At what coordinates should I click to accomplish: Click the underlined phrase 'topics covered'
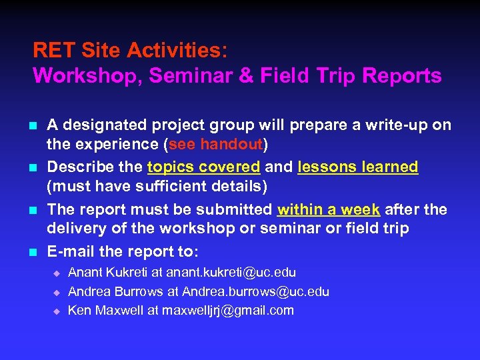tap(203, 167)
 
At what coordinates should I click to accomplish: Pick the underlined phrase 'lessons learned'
tap(358, 167)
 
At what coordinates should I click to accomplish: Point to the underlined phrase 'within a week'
tap(329, 209)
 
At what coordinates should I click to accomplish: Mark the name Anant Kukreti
tap(107, 273)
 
